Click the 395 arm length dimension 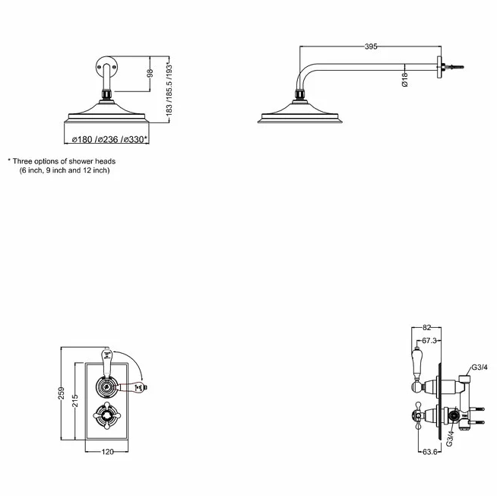371,46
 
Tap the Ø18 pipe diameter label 405,79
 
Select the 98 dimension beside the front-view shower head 150,73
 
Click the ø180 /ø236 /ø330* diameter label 109,139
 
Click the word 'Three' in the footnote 23,161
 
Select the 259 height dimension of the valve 61,393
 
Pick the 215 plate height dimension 74,400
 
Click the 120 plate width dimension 107,452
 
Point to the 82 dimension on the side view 427,327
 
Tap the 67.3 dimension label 429,341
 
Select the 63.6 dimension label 430,452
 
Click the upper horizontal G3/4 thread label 480,367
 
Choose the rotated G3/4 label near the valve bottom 450,438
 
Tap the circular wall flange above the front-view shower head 107,66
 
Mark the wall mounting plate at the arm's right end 439,67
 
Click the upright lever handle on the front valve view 107,364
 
